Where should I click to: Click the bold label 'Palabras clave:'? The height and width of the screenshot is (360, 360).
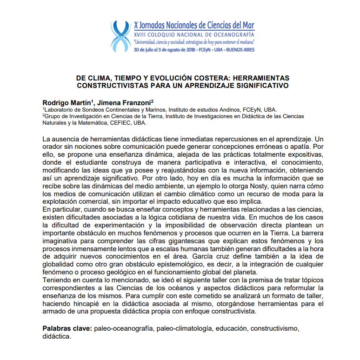(67, 329)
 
